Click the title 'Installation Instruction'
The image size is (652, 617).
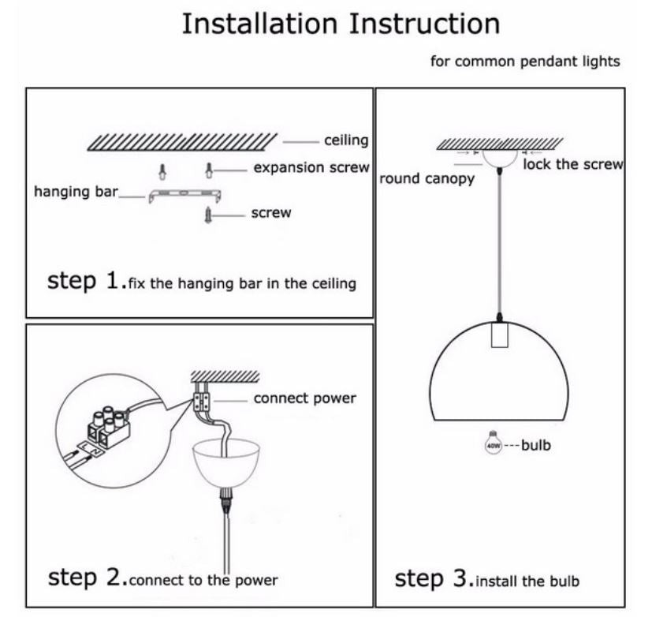pyautogui.click(x=341, y=24)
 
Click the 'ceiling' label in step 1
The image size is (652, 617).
pyautogui.click(x=346, y=140)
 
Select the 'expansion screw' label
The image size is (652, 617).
pyautogui.click(x=311, y=167)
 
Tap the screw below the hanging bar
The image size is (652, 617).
pyautogui.click(x=209, y=213)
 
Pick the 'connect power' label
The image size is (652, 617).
pyautogui.click(x=304, y=398)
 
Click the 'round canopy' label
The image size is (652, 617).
pyautogui.click(x=427, y=178)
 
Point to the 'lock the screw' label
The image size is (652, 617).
pyautogui.click(x=573, y=164)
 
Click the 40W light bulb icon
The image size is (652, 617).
pyautogui.click(x=494, y=444)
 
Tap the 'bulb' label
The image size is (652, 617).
pyautogui.click(x=536, y=446)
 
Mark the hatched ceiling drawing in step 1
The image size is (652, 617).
pyautogui.click(x=181, y=141)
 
